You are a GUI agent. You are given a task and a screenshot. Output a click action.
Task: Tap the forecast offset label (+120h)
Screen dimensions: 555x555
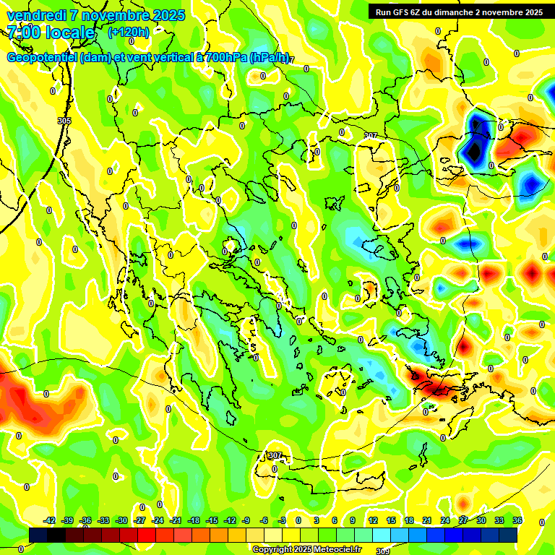[129, 33]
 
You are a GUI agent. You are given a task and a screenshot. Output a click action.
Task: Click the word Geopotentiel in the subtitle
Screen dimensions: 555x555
[42, 58]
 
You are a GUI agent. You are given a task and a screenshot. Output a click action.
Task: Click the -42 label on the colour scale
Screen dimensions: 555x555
[50, 520]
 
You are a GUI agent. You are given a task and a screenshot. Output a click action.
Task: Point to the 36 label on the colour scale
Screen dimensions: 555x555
[517, 520]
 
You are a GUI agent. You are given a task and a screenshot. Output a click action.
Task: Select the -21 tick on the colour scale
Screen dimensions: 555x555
[176, 520]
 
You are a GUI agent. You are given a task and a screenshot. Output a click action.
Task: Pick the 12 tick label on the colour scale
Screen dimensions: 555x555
[373, 520]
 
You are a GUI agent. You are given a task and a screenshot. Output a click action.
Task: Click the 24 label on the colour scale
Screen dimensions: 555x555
[445, 520]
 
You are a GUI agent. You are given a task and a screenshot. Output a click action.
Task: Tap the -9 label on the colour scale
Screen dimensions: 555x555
[246, 520]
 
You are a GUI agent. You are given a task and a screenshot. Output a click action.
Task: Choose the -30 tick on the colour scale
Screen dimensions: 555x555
[122, 520]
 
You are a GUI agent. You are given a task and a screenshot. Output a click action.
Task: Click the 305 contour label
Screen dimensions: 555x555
[64, 121]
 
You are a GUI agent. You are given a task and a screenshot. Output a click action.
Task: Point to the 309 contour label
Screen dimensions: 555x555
[382, 551]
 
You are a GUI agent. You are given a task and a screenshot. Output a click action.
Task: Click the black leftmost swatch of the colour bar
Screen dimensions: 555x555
[38, 534]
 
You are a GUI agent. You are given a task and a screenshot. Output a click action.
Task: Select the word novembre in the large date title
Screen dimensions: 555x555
[111, 15]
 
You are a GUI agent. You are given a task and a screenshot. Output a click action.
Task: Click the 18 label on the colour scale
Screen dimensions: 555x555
[409, 520]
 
